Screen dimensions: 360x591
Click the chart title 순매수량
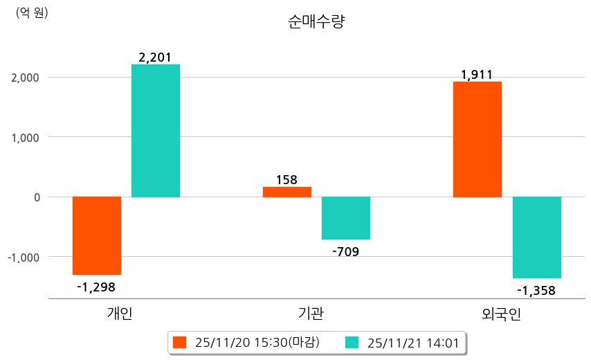tap(316, 21)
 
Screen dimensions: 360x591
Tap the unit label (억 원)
tap(32, 12)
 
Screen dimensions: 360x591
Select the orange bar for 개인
tap(97, 235)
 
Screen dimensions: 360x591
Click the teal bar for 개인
tap(156, 131)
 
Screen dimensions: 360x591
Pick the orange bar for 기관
tap(287, 192)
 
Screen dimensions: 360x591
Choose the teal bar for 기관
tap(346, 218)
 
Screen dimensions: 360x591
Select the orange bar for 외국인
tap(478, 139)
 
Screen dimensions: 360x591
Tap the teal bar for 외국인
tap(537, 237)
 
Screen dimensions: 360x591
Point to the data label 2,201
tap(155, 57)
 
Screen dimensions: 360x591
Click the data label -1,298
tap(96, 287)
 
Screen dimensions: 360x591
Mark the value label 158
tap(287, 180)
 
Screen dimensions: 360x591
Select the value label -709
tap(346, 251)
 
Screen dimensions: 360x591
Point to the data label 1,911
tap(477, 75)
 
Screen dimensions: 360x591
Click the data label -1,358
tap(536, 290)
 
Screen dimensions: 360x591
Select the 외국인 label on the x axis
tap(501, 314)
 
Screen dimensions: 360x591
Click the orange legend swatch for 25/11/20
tap(180, 342)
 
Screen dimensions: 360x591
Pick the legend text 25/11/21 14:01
tap(414, 342)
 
